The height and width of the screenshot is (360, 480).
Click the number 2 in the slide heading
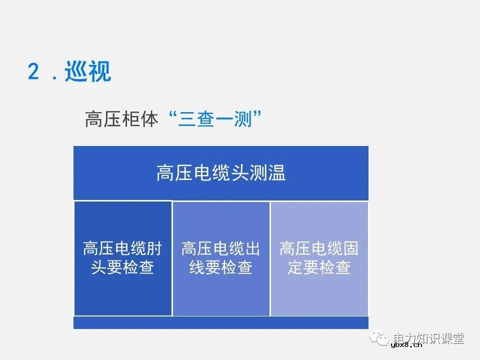pyautogui.click(x=33, y=72)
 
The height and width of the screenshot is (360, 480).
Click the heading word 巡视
pyautogui.click(x=88, y=72)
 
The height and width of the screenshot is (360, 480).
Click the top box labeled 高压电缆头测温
pyautogui.click(x=220, y=173)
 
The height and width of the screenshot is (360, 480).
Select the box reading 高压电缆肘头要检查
pyautogui.click(x=122, y=258)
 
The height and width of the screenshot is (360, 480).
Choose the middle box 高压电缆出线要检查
pyautogui.click(x=220, y=258)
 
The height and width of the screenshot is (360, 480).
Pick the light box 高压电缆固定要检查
pyautogui.click(x=319, y=258)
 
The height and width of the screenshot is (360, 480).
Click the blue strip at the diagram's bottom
pyautogui.click(x=220, y=322)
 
